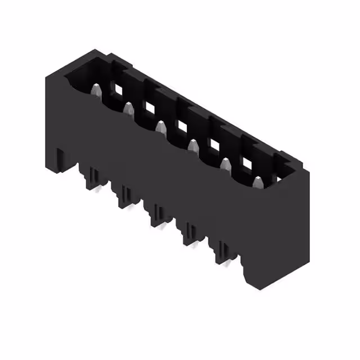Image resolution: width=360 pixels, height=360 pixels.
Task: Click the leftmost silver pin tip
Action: click(x=96, y=89)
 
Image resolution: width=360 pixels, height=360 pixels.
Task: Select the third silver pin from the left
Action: click(x=161, y=127)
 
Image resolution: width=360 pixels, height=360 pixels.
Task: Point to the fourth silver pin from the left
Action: click(x=193, y=146)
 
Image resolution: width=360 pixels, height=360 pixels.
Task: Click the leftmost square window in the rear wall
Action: click(x=117, y=88)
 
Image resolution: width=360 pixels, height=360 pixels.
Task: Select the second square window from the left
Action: click(x=149, y=107)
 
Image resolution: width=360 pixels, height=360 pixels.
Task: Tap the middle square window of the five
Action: click(x=182, y=125)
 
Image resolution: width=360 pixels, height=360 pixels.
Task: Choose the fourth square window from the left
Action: click(x=214, y=145)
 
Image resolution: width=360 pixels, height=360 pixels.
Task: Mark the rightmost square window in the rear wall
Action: click(x=247, y=163)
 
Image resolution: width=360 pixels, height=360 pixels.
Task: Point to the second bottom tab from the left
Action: click(x=124, y=197)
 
